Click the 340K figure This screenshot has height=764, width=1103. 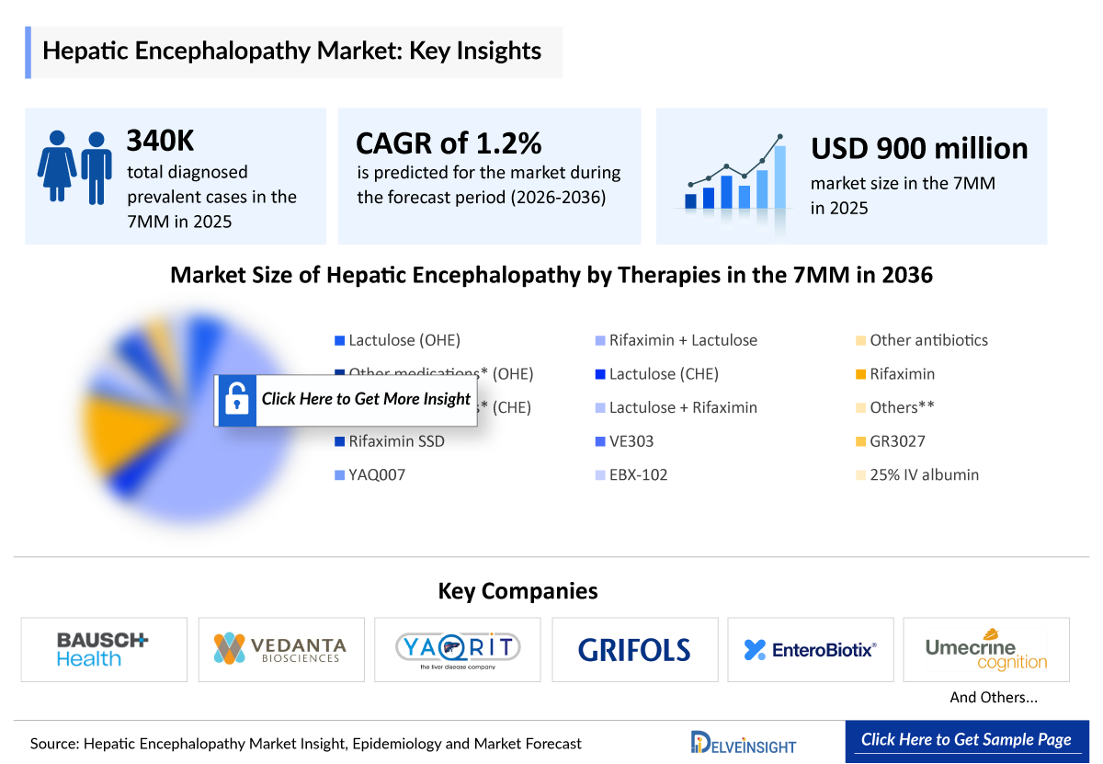(x=161, y=141)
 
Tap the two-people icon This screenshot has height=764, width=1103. (x=74, y=165)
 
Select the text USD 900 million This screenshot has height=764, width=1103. (x=919, y=149)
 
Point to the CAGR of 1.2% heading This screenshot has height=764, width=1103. (x=449, y=143)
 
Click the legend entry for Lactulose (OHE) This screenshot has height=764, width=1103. (x=404, y=340)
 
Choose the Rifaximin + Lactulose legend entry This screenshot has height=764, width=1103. (x=683, y=340)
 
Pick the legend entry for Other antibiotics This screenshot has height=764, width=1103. (x=928, y=340)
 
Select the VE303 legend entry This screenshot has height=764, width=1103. (x=631, y=441)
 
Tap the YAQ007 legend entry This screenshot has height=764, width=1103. (x=377, y=475)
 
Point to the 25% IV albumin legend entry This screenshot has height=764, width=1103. (x=924, y=475)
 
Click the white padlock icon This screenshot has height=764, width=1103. (x=236, y=400)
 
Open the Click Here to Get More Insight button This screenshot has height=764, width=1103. (x=365, y=399)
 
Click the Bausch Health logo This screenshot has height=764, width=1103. (x=103, y=649)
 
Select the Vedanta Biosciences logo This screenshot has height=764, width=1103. (x=280, y=649)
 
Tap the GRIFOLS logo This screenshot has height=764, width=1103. (x=634, y=650)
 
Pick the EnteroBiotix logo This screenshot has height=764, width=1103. (x=810, y=650)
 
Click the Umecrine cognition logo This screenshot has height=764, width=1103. (x=986, y=650)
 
